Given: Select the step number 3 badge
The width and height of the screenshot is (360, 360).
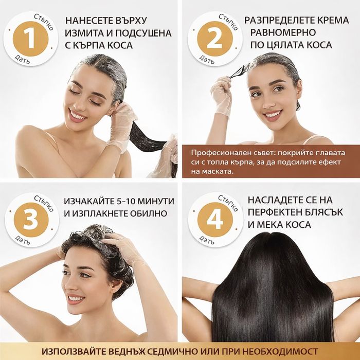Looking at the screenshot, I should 29,220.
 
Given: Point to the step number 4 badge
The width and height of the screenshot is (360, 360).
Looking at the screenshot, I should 212,220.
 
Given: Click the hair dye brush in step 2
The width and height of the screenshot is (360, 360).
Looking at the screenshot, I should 239,73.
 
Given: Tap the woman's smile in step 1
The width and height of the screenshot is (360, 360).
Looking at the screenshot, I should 78,116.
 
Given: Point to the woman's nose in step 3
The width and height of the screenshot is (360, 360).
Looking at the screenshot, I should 78,285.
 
